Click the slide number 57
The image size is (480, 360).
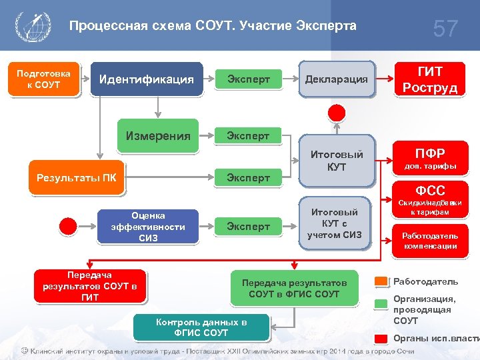(x=445, y=29)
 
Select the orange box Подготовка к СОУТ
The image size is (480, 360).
(x=39, y=79)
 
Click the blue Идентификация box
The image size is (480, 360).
(x=147, y=79)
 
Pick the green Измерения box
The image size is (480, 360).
(x=159, y=136)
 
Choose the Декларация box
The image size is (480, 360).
(x=337, y=79)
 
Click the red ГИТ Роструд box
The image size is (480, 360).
(x=429, y=79)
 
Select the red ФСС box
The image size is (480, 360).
(x=429, y=191)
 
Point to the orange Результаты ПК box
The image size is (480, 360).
(x=77, y=178)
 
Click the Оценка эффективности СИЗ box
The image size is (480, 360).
(x=148, y=227)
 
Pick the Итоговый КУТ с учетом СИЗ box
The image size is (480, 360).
(x=334, y=223)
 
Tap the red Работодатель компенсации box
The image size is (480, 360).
(x=429, y=241)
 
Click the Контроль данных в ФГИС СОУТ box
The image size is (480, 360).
(x=201, y=327)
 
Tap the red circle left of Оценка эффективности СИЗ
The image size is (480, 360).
(x=69, y=226)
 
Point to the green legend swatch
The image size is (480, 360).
(x=381, y=305)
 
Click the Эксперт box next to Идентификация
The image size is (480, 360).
(x=249, y=79)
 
